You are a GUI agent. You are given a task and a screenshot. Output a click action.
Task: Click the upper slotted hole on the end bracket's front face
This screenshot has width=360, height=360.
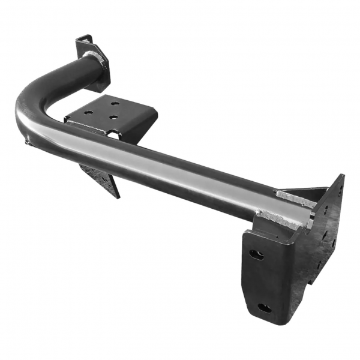[257, 254]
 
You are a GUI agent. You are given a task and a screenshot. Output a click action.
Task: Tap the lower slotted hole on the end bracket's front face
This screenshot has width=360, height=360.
[264, 308]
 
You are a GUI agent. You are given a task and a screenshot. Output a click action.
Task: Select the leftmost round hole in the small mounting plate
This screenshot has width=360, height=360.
[89, 112]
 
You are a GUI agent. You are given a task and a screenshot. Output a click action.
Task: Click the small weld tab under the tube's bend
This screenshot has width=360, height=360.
[27, 142]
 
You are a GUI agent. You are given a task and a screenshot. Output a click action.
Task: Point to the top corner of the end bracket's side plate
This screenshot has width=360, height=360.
[342, 175]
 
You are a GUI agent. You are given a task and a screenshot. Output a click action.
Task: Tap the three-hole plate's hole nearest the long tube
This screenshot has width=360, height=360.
[111, 118]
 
